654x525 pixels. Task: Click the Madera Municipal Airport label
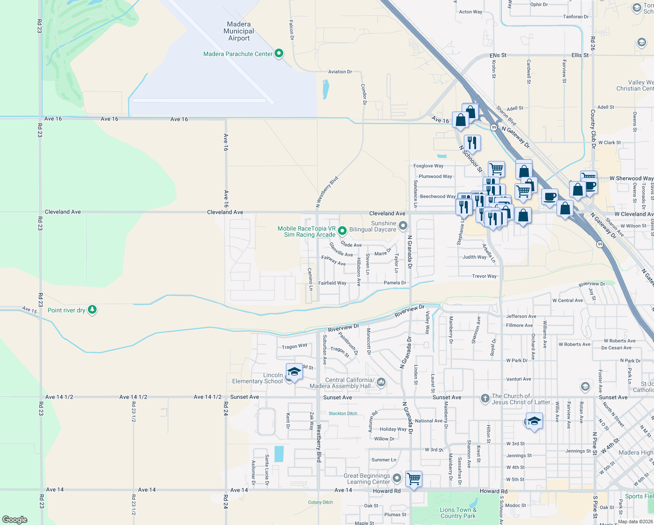(x=239, y=31)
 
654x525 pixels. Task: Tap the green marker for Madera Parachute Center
(x=278, y=54)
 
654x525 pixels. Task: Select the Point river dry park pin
(x=92, y=310)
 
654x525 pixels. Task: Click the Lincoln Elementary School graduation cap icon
(x=294, y=372)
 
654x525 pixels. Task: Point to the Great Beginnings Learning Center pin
(x=397, y=478)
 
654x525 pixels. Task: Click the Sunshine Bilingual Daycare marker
(x=403, y=226)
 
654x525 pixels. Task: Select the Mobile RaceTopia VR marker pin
(x=342, y=230)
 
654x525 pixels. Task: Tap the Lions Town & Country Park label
(x=458, y=513)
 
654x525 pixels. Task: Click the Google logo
(x=15, y=519)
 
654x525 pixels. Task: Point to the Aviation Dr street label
(x=340, y=72)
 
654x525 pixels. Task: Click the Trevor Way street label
(x=484, y=276)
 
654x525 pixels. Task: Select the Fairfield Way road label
(x=332, y=283)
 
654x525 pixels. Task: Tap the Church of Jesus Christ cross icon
(x=485, y=398)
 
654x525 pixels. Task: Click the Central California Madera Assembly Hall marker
(x=381, y=382)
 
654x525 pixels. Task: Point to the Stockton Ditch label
(x=343, y=413)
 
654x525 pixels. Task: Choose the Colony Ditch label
(x=320, y=502)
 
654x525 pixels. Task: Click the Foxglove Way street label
(x=428, y=166)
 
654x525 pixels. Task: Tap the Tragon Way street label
(x=294, y=346)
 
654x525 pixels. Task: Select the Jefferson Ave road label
(x=521, y=316)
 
